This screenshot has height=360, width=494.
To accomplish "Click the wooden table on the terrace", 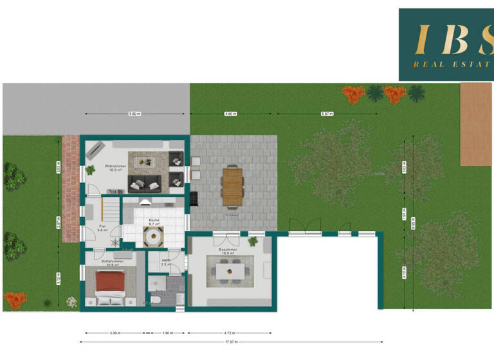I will click(x=232, y=185).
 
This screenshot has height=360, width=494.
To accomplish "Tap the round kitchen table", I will click(x=154, y=237).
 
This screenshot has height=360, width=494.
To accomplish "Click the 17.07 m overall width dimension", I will click(x=232, y=342).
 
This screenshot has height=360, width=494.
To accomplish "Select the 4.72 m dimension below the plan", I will click(x=230, y=333).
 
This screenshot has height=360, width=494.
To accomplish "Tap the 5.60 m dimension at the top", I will click(x=134, y=114).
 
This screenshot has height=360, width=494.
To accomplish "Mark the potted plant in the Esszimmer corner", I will click(x=253, y=242).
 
